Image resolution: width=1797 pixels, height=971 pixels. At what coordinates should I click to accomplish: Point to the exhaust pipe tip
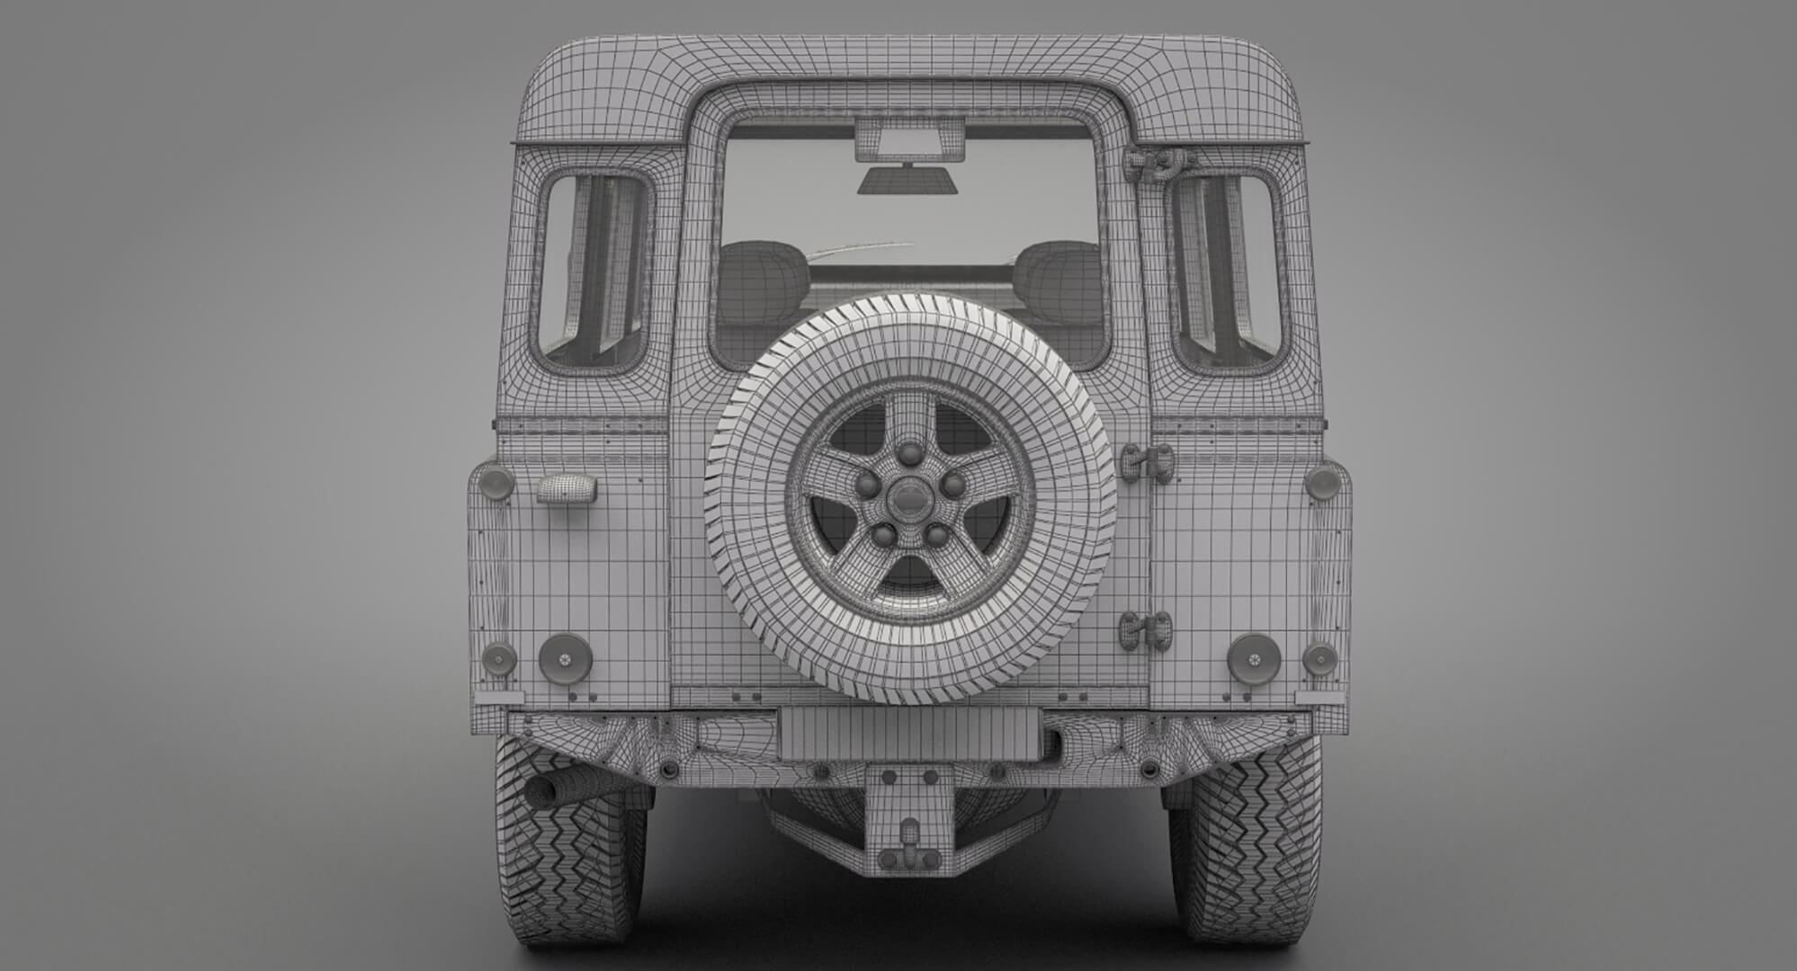[x=543, y=790]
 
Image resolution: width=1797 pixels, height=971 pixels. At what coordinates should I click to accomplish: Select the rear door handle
[x=567, y=489]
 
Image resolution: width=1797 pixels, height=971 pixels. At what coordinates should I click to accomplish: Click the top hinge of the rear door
[x=1156, y=163]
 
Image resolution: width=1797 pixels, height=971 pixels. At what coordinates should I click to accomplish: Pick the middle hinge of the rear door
[x=1148, y=462]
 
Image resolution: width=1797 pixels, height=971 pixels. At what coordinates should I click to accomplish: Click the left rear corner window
[x=594, y=270]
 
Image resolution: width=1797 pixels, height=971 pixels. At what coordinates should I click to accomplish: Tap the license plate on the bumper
[x=909, y=733]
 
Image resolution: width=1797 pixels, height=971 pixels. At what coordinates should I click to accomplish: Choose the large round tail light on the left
[x=565, y=659]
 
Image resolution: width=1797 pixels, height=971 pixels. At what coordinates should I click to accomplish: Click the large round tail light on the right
[x=1254, y=659]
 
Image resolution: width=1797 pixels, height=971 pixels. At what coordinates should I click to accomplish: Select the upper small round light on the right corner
[x=1322, y=483]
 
